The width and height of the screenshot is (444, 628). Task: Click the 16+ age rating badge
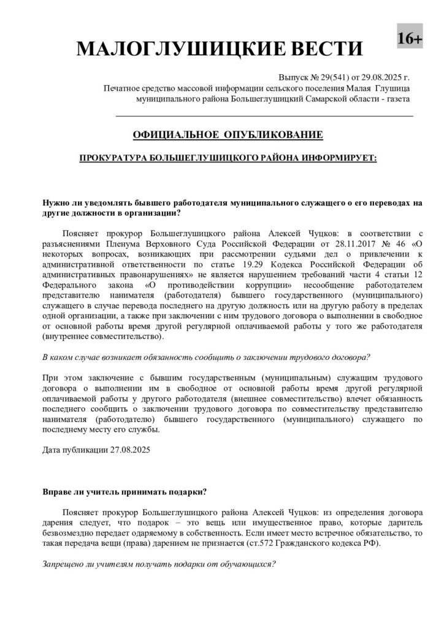tap(409, 39)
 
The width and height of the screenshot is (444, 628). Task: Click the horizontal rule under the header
tap(264, 115)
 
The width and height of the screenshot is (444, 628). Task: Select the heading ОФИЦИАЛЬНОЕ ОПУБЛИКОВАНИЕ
tap(227, 134)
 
